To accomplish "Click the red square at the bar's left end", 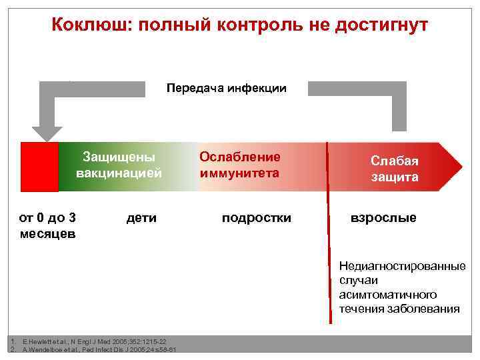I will (x=39, y=167).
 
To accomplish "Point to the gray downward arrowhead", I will (x=47, y=133).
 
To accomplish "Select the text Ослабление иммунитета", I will (x=240, y=165).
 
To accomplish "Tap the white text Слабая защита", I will (x=395, y=169).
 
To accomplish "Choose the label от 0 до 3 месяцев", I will (x=47, y=225).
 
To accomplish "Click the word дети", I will (x=141, y=217).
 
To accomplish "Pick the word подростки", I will (x=257, y=217).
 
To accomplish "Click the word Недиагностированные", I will (x=402, y=266).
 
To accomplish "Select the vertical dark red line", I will (x=327, y=233).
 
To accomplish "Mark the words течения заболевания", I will (x=399, y=309).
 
